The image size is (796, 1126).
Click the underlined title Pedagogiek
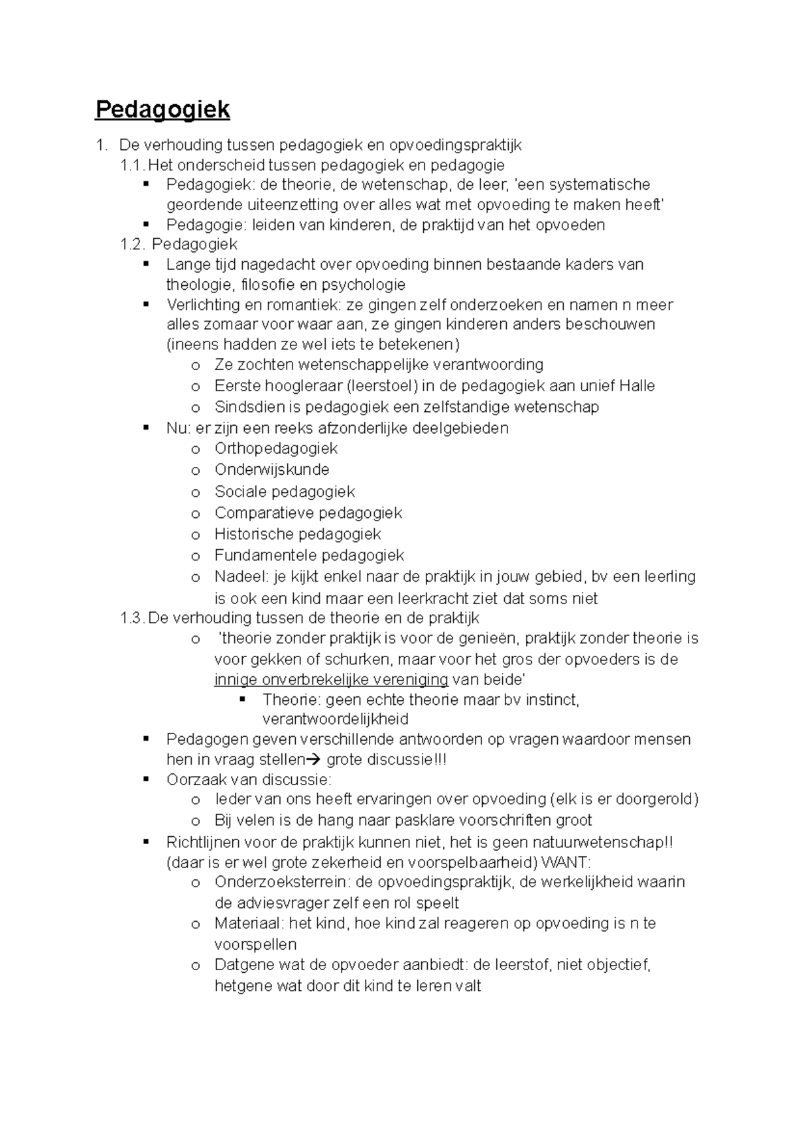click(x=163, y=109)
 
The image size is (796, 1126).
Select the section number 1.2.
click(x=132, y=244)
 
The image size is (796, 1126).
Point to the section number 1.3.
click(x=131, y=618)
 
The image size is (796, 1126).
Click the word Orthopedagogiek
click(x=276, y=449)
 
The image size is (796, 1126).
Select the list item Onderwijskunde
click(x=272, y=470)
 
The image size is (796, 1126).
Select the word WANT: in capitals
click(x=566, y=863)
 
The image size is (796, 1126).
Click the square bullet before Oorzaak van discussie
click(x=147, y=779)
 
